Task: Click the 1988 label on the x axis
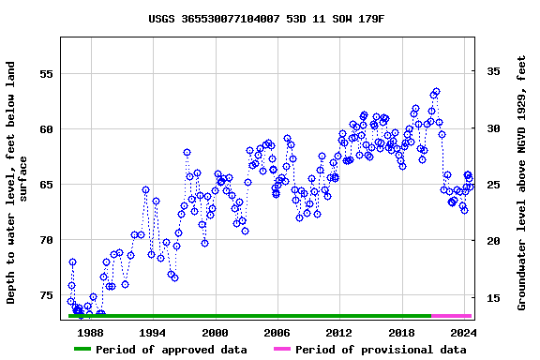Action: click(90, 332)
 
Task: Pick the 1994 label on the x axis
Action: click(152, 332)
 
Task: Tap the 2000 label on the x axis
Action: click(215, 332)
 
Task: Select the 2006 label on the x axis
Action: click(277, 332)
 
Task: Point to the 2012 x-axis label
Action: click(338, 332)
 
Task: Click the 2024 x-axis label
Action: click(463, 332)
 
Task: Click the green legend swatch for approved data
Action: click(95, 350)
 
